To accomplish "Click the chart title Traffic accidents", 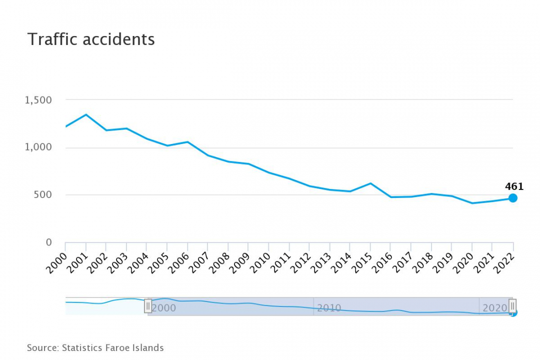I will (x=91, y=39).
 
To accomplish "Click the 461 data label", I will (x=514, y=186).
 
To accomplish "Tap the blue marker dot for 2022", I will (x=513, y=198).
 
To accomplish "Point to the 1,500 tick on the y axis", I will (x=38, y=100).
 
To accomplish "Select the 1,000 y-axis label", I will (x=38, y=147).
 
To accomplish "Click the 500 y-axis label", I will (x=42, y=194).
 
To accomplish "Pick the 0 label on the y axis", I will (x=48, y=242).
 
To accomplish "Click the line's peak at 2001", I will (x=86, y=115).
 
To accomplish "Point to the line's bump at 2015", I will (x=370, y=183).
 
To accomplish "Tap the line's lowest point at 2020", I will (x=472, y=203).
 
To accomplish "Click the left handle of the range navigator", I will (x=148, y=306).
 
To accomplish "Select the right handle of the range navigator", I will (x=512, y=306).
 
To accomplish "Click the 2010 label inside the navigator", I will (x=329, y=308).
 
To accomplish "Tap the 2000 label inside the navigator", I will (x=164, y=308).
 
